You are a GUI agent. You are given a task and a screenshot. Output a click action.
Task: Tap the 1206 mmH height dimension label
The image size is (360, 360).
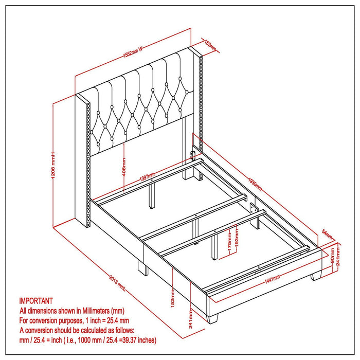[x=53, y=161]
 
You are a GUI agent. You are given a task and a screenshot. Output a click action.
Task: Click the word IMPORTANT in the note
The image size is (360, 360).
[x=36, y=301]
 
